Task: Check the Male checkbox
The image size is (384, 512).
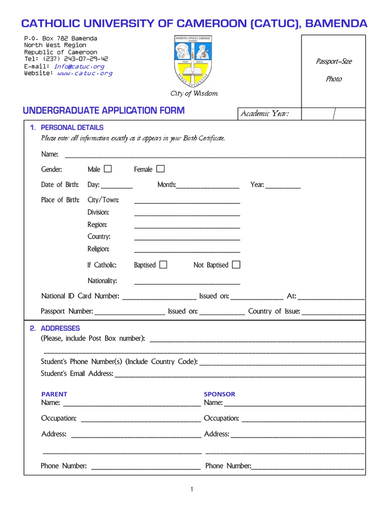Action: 108,169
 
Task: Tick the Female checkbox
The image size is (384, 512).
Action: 160,169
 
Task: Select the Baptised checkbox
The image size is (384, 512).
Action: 163,264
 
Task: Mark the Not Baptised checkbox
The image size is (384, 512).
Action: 236,264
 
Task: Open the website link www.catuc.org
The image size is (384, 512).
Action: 84,73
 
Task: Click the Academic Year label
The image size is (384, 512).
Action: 264,114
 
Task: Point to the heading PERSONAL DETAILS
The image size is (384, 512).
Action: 72,127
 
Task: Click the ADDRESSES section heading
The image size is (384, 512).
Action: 60,328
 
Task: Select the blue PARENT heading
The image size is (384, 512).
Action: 54,394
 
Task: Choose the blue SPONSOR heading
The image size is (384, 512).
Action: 219,394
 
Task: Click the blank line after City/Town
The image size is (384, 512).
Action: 187,201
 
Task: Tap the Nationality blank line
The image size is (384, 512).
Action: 187,281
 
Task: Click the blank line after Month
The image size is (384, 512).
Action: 207,186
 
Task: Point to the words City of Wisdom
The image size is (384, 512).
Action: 194,93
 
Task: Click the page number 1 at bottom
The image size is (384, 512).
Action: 191,489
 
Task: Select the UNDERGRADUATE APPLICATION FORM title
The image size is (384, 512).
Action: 104,110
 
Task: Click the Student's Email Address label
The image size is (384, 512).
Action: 77,373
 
